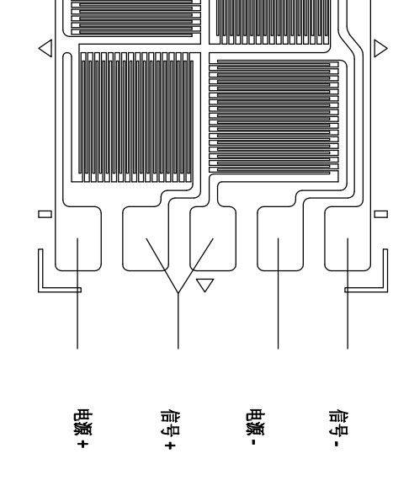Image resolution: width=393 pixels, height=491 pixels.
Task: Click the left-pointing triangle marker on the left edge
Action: [45, 49]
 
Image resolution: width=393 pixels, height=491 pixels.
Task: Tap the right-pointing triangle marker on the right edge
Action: [380, 49]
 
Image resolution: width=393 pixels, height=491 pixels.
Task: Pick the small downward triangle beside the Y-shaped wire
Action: [204, 283]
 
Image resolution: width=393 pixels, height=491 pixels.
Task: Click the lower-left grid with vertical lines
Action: [139, 118]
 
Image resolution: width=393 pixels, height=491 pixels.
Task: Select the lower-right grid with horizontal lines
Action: [274, 118]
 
